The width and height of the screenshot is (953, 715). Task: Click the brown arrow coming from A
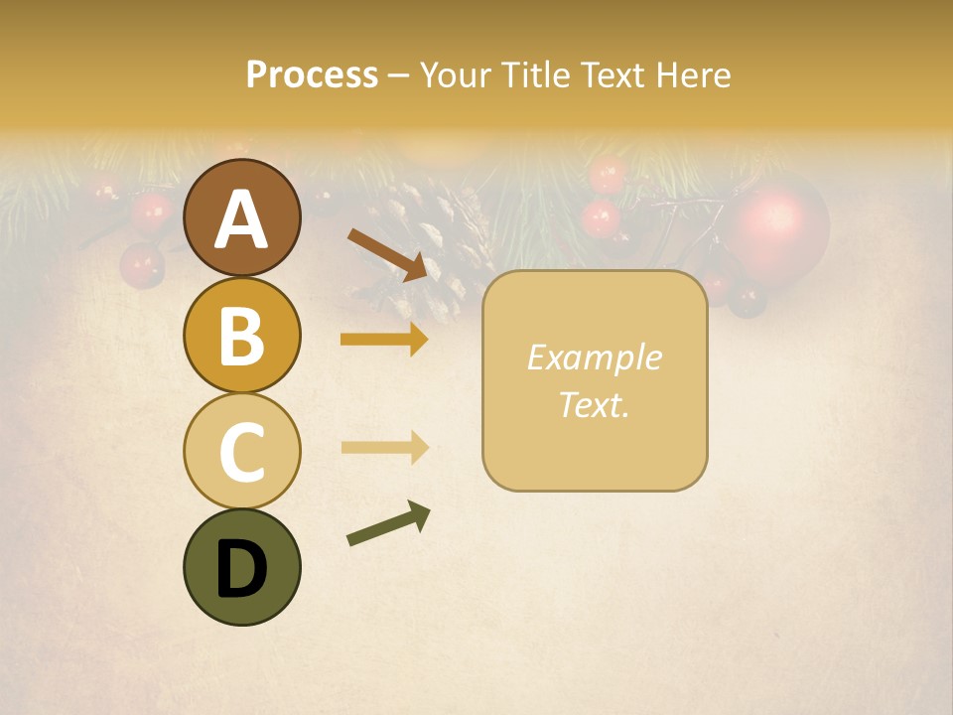pos(387,253)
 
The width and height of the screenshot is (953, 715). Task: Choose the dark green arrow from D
pos(388,524)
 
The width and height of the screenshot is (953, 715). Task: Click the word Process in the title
pos(312,75)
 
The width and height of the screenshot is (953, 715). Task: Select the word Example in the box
pos(594,357)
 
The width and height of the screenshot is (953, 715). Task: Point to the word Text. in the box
pos(594,404)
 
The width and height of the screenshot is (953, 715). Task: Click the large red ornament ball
pos(779,230)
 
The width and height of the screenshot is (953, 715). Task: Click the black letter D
pos(241,570)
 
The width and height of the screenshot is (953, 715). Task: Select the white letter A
pos(241,219)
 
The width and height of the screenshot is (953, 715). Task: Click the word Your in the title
pos(457,75)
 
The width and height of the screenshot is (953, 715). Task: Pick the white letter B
pos(241,336)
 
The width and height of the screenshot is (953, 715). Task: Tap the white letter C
pos(241,452)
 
